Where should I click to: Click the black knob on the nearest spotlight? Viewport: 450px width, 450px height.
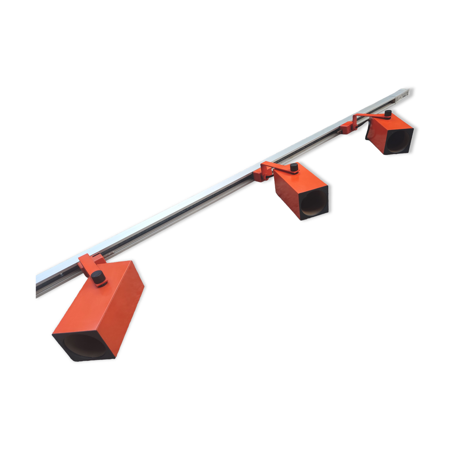tap(99, 278)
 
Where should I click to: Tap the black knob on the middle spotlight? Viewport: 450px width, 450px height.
tap(294, 167)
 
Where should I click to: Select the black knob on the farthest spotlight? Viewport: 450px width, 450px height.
tap(388, 114)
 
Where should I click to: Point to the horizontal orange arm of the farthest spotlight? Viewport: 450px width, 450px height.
tap(368, 116)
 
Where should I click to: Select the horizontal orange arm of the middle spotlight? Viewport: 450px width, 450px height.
tap(276, 167)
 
